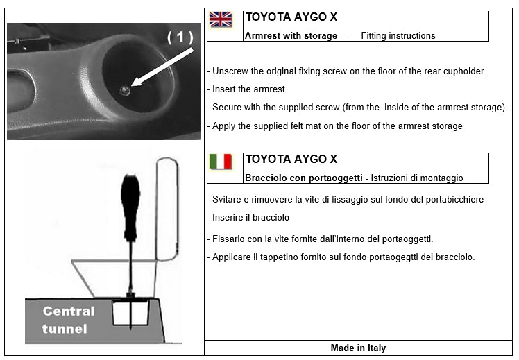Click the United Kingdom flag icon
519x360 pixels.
click(221, 19)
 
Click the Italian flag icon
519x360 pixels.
click(221, 162)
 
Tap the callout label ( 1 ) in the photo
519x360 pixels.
click(180, 37)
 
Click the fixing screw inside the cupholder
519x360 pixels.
click(125, 90)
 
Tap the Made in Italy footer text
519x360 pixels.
click(358, 348)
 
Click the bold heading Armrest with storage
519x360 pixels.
click(291, 35)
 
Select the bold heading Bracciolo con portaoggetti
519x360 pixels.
click(303, 178)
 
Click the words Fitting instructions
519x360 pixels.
click(398, 35)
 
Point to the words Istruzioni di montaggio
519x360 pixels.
click(416, 178)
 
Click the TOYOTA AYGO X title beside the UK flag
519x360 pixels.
click(291, 17)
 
